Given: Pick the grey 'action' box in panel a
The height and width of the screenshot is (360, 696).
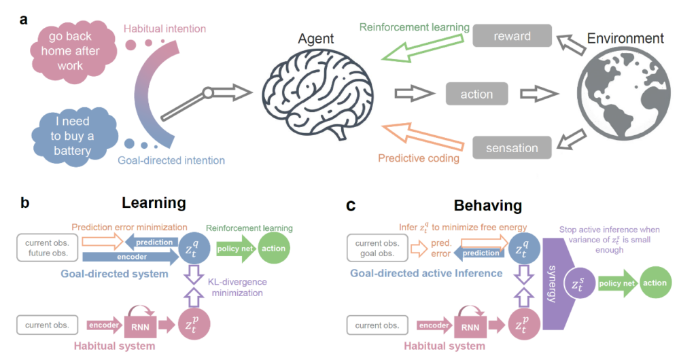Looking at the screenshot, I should tap(476, 94).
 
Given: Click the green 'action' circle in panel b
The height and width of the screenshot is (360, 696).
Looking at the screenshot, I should tap(275, 249).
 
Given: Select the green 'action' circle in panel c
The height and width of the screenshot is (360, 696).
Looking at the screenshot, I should tap(653, 282).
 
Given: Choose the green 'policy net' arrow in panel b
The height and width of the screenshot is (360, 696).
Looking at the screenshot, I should tap(234, 249).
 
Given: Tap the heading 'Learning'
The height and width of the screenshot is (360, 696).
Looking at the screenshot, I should tap(154, 202).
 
